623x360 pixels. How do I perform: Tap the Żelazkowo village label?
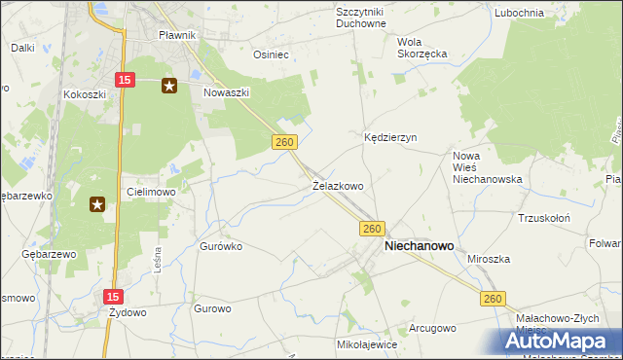[x=338, y=185]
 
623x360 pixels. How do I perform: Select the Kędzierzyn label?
[x=390, y=138]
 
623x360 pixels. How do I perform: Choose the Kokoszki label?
[x=83, y=94]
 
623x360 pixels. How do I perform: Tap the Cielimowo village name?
[x=151, y=192]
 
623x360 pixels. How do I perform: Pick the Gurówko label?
[x=220, y=246]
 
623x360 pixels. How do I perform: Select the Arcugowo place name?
[x=431, y=328]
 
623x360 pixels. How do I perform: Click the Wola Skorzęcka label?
[x=421, y=48]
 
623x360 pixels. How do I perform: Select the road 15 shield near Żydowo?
[x=114, y=294]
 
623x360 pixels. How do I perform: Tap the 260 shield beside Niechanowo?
[x=371, y=228]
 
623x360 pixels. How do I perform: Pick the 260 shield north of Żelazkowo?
[x=284, y=142]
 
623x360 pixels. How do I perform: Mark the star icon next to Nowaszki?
[x=169, y=86]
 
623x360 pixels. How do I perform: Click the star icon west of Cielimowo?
[x=97, y=203]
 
